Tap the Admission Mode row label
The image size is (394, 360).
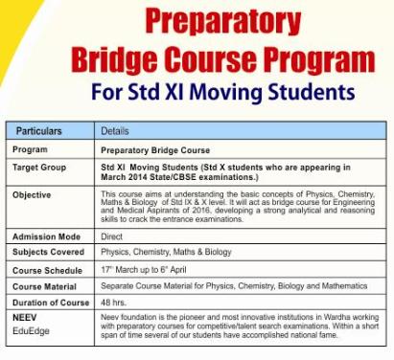pos(45,236)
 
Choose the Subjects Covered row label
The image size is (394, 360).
pos(48,252)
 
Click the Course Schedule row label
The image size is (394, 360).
pos(47,270)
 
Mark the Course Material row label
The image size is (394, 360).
pos(45,287)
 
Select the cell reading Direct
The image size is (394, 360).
pos(112,236)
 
